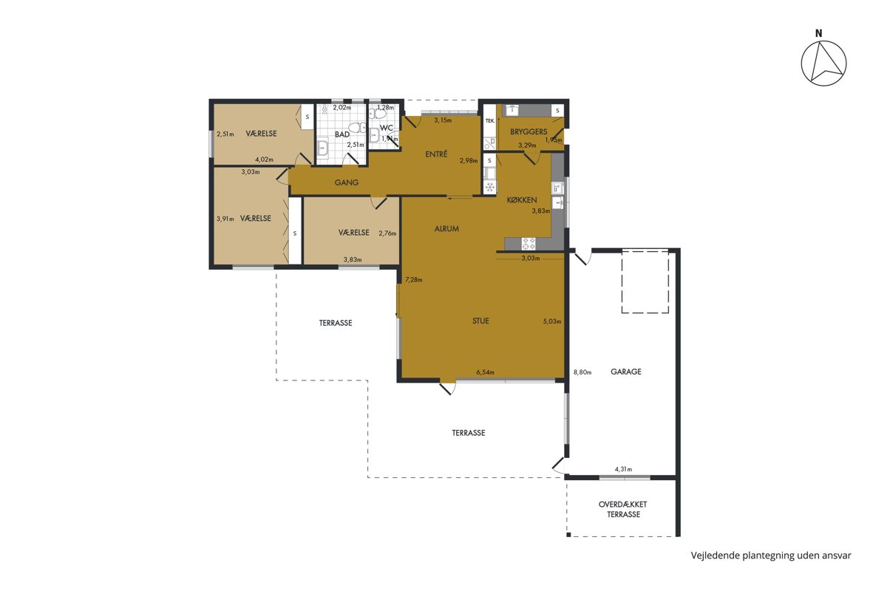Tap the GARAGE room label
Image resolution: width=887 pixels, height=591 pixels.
pyautogui.click(x=625, y=372)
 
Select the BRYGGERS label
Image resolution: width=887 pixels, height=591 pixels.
pyautogui.click(x=529, y=131)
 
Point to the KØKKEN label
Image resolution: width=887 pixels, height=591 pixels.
pyautogui.click(x=522, y=200)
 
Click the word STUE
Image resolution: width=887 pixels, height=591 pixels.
pyautogui.click(x=480, y=321)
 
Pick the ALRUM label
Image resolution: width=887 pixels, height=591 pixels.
pyautogui.click(x=446, y=228)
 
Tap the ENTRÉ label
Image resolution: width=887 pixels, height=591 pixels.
pyautogui.click(x=436, y=154)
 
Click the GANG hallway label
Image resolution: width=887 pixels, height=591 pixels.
pyautogui.click(x=347, y=182)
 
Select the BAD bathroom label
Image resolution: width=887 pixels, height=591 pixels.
pyautogui.click(x=341, y=134)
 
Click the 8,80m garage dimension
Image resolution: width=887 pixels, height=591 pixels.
pyautogui.click(x=582, y=372)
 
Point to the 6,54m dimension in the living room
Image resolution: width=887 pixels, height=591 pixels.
pyautogui.click(x=485, y=372)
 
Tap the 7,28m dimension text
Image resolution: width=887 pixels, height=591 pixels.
pyautogui.click(x=413, y=280)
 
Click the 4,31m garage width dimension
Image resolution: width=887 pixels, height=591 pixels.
pyautogui.click(x=623, y=469)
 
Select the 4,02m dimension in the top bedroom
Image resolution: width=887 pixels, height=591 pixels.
pyautogui.click(x=264, y=160)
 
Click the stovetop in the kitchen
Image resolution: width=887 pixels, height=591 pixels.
pyautogui.click(x=529, y=244)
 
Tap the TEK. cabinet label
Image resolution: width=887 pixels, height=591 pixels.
pyautogui.click(x=490, y=120)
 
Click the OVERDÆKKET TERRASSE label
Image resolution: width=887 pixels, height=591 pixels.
pyautogui.click(x=623, y=510)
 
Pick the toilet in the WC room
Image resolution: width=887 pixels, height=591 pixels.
pyautogui.click(x=378, y=114)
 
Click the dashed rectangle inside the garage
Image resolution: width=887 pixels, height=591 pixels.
pyautogui.click(x=645, y=281)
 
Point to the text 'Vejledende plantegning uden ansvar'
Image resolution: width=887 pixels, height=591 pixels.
pyautogui.click(x=771, y=556)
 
